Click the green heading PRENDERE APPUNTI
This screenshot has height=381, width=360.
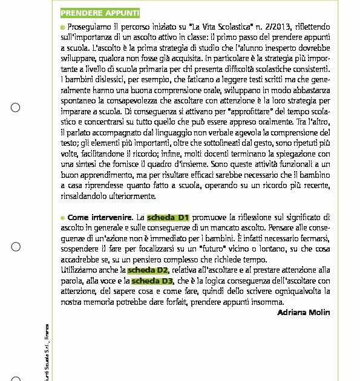100,13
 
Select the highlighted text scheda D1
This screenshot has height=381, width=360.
169,217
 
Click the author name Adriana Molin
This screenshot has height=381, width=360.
303,312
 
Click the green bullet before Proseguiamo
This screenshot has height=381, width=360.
62,28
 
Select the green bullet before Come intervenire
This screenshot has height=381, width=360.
62,217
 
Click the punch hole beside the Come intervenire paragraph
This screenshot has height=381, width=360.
16,247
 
